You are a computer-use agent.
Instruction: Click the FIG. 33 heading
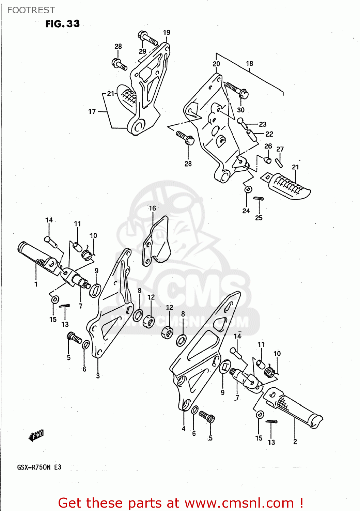click(62, 24)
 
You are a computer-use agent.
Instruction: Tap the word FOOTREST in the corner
click(31, 10)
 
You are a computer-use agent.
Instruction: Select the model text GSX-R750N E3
click(39, 467)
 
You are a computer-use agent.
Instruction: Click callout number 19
click(167, 32)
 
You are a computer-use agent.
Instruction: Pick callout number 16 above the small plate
click(152, 208)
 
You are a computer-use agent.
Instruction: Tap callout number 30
click(240, 110)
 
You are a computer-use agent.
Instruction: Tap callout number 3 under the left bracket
click(98, 376)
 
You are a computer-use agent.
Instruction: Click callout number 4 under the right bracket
click(184, 429)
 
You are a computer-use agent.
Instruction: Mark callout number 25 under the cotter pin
click(259, 218)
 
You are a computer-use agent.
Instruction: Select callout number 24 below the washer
click(246, 211)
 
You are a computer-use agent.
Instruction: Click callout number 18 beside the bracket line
click(249, 63)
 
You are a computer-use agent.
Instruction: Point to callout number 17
click(92, 111)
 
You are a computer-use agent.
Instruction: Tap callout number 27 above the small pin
click(280, 149)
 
